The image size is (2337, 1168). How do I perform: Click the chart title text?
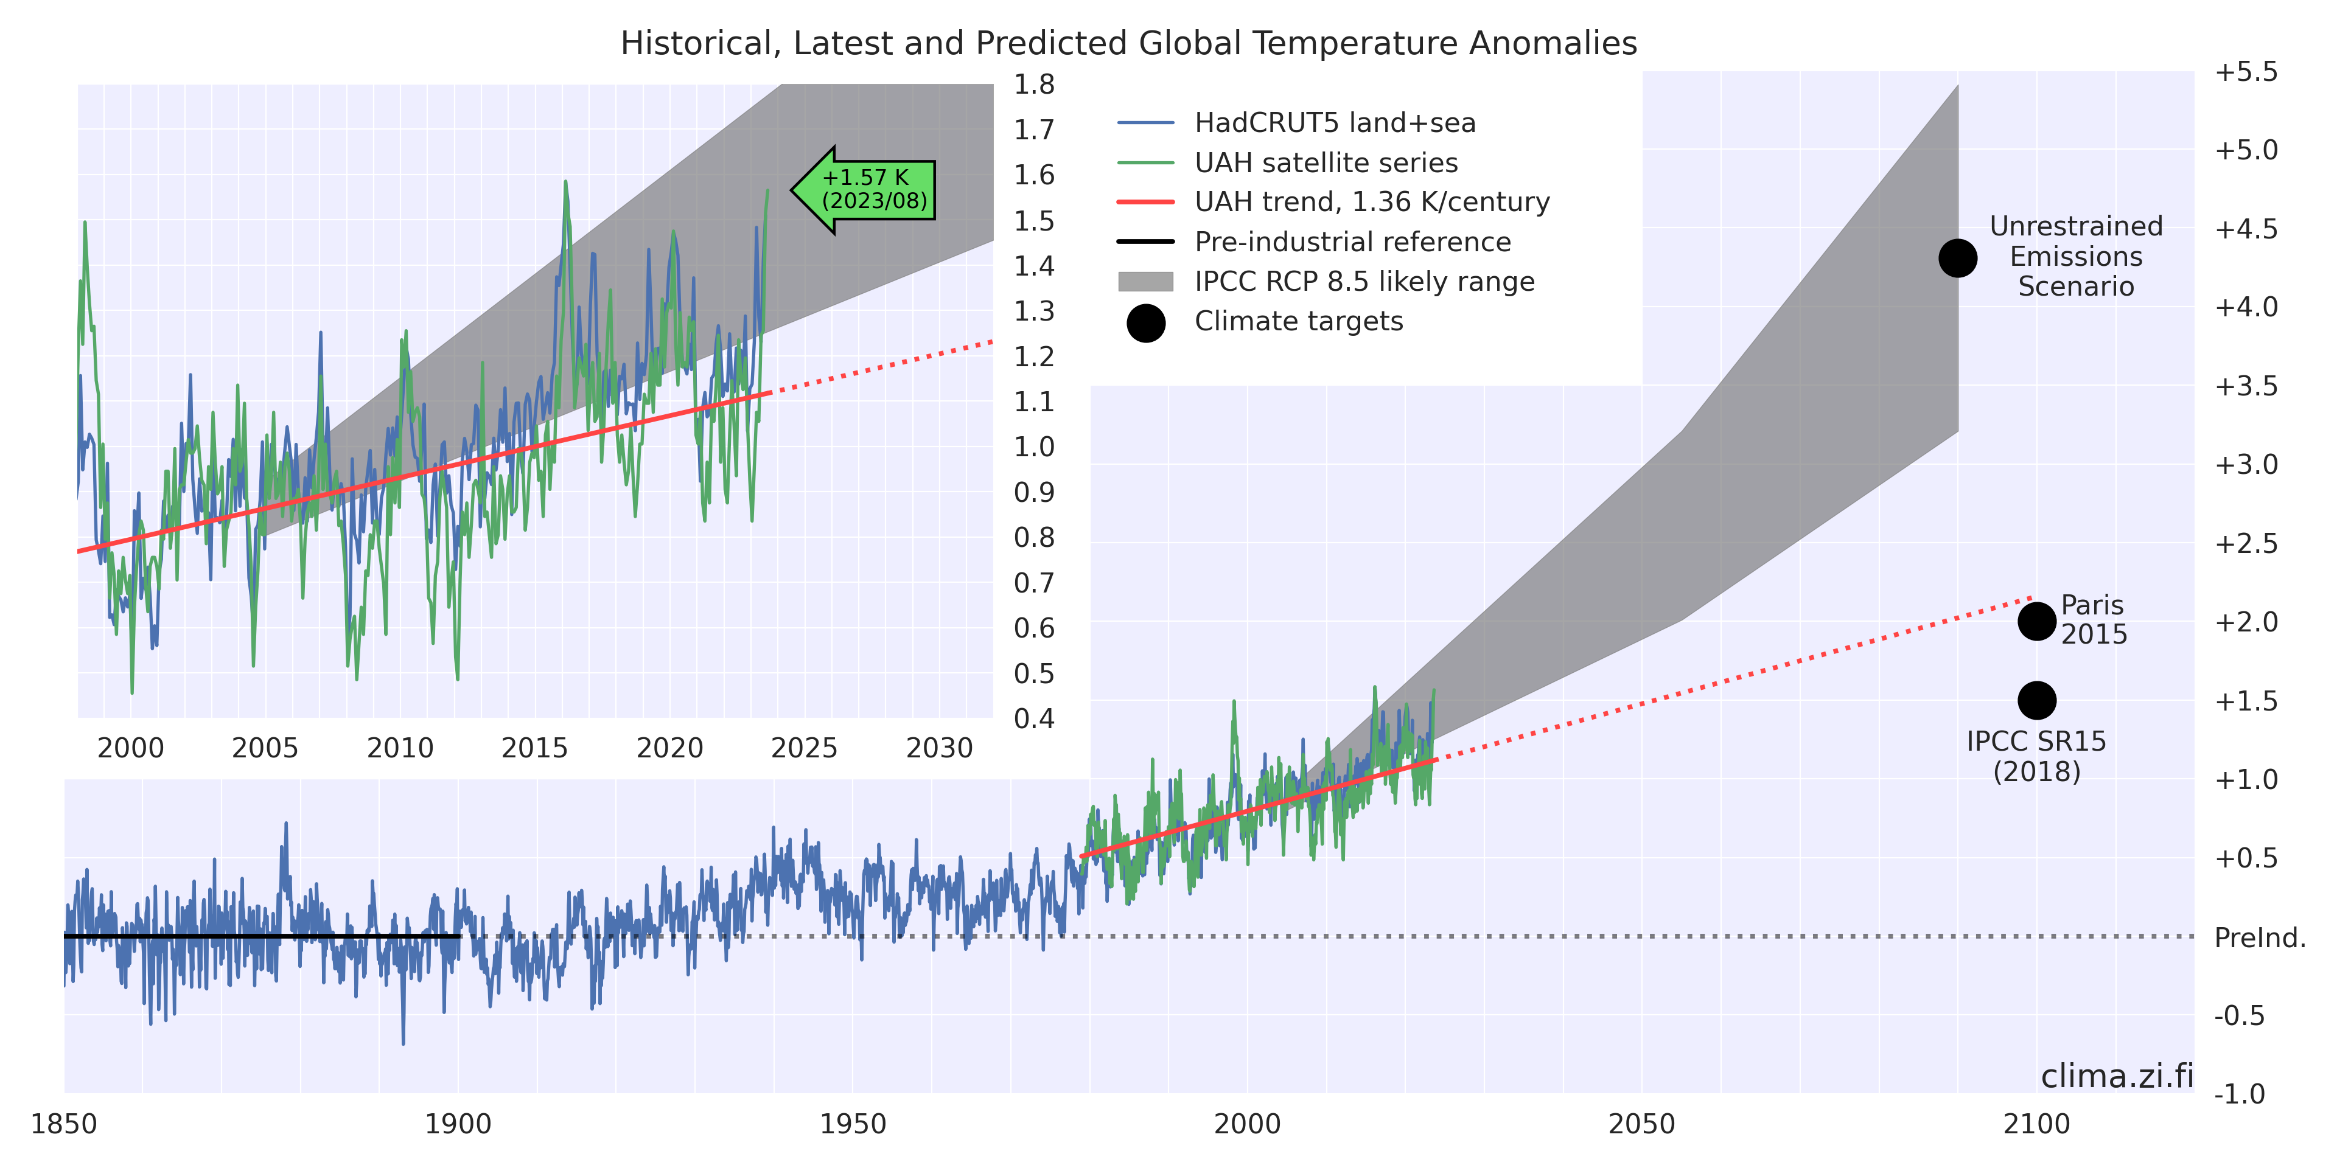click(x=1128, y=44)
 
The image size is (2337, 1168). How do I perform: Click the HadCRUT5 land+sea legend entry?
click(x=1333, y=122)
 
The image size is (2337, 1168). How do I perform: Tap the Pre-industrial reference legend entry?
click(x=1352, y=242)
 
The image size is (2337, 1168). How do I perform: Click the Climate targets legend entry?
click(x=1298, y=321)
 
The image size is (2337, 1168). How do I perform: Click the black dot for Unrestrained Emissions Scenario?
click(x=1958, y=259)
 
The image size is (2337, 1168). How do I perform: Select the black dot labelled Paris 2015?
click(x=2037, y=621)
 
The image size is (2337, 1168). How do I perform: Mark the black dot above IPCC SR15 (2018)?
click(x=2037, y=700)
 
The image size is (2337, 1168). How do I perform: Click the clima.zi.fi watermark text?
click(x=2117, y=1076)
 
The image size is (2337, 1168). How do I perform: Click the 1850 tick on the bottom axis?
click(x=63, y=1124)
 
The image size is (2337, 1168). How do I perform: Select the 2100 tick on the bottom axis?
click(x=2037, y=1124)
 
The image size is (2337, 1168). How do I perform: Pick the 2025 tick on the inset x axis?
click(x=804, y=748)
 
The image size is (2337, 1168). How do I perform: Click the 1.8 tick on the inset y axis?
click(x=1034, y=85)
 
